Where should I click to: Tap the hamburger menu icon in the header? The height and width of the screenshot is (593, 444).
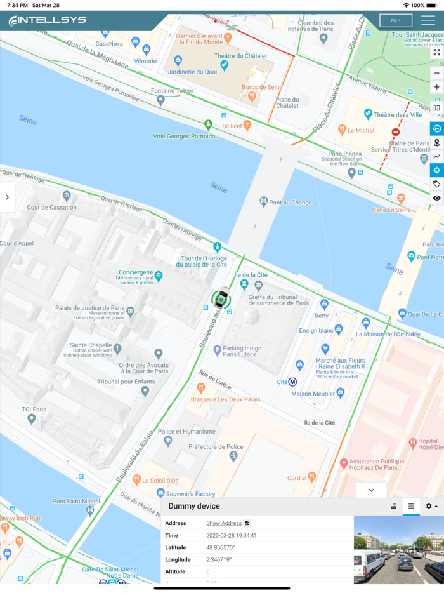click(x=428, y=21)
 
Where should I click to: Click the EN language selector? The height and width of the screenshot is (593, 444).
click(x=395, y=21)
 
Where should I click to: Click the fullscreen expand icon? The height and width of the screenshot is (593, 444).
click(x=436, y=53)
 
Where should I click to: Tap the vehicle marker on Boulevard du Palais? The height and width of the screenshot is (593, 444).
click(x=221, y=298)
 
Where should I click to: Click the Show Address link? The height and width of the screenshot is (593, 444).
click(x=224, y=523)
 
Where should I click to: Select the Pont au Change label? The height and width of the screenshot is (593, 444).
click(x=291, y=202)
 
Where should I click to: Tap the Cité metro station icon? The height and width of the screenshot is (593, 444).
click(x=292, y=382)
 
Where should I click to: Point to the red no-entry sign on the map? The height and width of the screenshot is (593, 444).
click(x=396, y=132)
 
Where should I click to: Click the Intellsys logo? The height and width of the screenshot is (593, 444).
click(x=47, y=21)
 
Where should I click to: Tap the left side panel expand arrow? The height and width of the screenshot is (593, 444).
click(x=7, y=197)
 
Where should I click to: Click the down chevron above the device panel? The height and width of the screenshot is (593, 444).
click(x=371, y=490)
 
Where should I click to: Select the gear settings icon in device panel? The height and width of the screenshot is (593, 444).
click(x=431, y=506)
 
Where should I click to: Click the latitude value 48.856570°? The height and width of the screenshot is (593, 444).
click(x=220, y=547)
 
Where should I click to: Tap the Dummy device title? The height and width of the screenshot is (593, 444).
click(x=194, y=506)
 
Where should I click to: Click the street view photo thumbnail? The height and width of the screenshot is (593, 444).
click(x=398, y=549)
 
